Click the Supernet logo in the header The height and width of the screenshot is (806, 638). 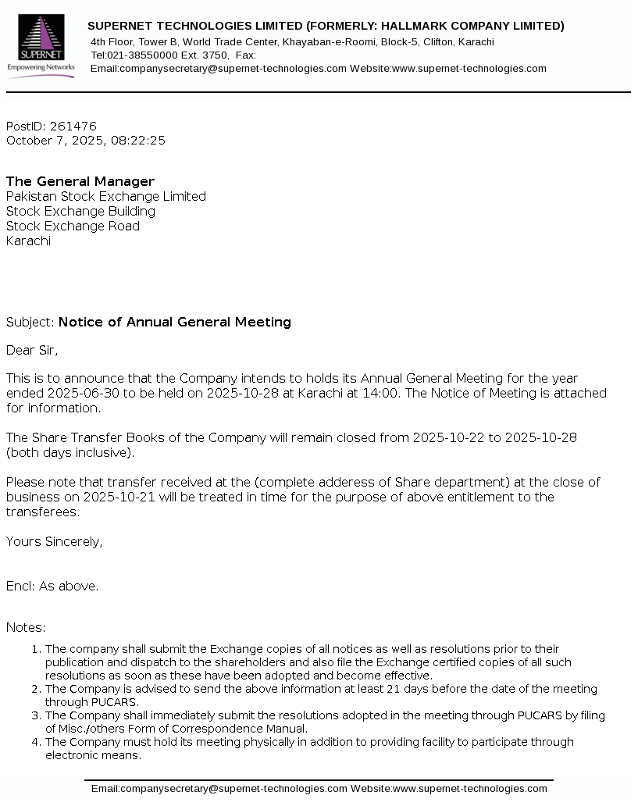coord(41,46)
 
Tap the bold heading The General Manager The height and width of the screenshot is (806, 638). coord(80,182)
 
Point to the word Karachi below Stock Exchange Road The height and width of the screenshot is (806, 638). coord(28,241)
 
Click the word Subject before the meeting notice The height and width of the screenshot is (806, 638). coord(29,323)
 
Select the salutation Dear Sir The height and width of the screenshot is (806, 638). coord(31,351)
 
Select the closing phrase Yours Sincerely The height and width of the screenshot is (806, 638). coord(54,542)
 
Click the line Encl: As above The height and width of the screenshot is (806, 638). coord(52,587)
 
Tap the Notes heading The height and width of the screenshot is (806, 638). coord(26,628)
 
